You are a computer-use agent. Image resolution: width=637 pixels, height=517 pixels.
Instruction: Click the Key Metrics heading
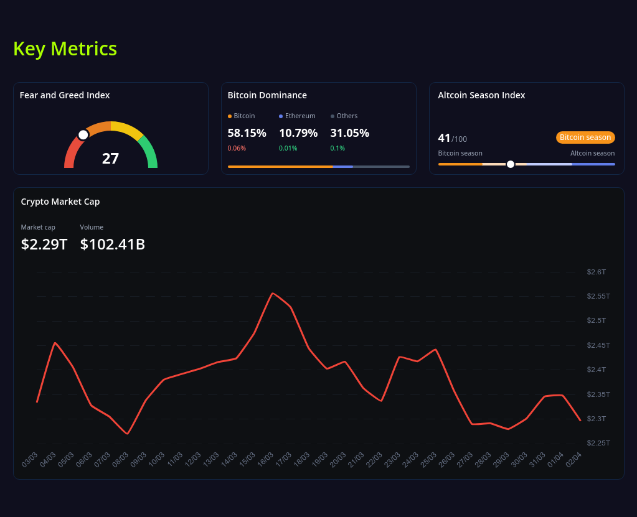pyautogui.click(x=65, y=49)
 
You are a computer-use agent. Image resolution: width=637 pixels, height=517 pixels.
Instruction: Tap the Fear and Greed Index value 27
pyautogui.click(x=110, y=158)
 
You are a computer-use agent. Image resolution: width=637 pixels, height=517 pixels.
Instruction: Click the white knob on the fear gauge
pyautogui.click(x=83, y=135)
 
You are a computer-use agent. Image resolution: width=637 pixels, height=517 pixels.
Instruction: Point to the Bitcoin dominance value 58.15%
pyautogui.click(x=247, y=133)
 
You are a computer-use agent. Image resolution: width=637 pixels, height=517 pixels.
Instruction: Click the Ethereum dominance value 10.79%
pyautogui.click(x=298, y=133)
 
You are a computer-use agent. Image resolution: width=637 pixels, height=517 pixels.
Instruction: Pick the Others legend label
pyautogui.click(x=347, y=116)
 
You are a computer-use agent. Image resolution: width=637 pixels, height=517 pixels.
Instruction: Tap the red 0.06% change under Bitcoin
pyautogui.click(x=237, y=148)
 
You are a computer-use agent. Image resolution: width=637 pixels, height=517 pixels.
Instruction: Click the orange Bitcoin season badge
pyautogui.click(x=585, y=137)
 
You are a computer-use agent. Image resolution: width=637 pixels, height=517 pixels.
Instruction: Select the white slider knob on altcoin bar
pyautogui.click(x=511, y=164)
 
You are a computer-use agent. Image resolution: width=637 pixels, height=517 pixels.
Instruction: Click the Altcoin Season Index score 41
pyautogui.click(x=444, y=137)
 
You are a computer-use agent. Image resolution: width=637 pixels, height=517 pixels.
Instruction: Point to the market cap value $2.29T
pyautogui.click(x=44, y=245)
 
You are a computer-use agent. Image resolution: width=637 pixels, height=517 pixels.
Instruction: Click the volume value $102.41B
pyautogui.click(x=112, y=245)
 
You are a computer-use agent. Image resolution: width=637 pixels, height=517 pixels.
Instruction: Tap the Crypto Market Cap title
pyautogui.click(x=60, y=202)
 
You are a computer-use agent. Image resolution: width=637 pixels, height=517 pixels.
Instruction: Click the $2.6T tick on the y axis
pyautogui.click(x=596, y=272)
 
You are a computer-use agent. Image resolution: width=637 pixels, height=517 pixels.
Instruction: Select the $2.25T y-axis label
pyautogui.click(x=598, y=443)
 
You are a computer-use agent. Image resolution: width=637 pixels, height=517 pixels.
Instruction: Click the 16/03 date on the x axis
pyautogui.click(x=265, y=460)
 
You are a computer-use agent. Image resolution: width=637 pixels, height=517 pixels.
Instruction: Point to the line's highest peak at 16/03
pyautogui.click(x=273, y=293)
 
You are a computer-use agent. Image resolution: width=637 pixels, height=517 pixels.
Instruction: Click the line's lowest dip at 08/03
pyautogui.click(x=128, y=434)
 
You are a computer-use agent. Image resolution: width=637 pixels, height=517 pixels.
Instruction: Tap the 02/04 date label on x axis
pyautogui.click(x=573, y=460)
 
